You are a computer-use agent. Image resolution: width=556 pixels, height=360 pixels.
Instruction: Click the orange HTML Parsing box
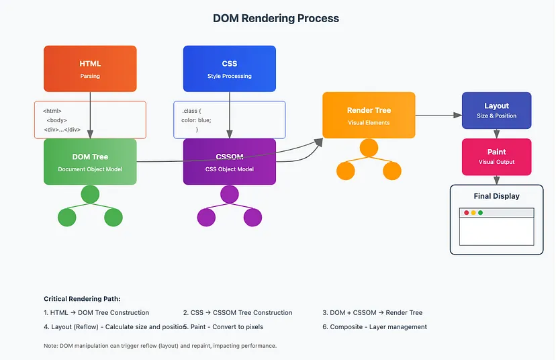[90, 69]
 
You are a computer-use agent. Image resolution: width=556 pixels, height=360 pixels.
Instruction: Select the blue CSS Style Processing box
[230, 69]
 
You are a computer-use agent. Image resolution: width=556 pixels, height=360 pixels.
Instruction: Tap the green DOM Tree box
[90, 161]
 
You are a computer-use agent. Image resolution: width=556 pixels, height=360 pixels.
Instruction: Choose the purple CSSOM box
[230, 161]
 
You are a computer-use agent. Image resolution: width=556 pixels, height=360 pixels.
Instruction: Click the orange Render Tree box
[369, 115]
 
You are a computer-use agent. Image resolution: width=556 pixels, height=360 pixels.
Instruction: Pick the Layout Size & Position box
[496, 110]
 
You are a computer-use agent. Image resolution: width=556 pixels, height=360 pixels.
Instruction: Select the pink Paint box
[496, 156]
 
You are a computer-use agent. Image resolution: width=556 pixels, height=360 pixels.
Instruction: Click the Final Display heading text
[496, 196]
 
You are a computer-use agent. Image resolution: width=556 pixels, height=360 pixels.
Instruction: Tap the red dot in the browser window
[467, 213]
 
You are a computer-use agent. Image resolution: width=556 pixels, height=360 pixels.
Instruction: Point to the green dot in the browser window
[480, 213]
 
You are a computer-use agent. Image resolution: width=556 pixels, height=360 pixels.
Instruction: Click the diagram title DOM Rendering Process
[276, 18]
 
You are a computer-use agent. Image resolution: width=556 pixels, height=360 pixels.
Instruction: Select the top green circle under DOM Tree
[90, 195]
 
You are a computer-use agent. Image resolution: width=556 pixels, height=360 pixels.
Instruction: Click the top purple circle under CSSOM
[230, 195]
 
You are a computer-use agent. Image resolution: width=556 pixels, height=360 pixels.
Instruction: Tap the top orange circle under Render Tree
[369, 148]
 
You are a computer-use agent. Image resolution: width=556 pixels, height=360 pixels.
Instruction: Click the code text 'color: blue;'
[196, 120]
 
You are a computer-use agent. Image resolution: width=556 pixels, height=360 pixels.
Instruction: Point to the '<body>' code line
[56, 120]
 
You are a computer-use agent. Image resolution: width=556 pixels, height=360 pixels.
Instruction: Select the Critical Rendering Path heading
[82, 299]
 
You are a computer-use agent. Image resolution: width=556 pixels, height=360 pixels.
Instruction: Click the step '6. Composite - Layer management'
[375, 327]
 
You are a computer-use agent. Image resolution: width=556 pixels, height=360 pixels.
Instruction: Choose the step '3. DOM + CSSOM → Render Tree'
[373, 312]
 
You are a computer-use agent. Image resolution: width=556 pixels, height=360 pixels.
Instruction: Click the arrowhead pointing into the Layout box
[458, 115]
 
